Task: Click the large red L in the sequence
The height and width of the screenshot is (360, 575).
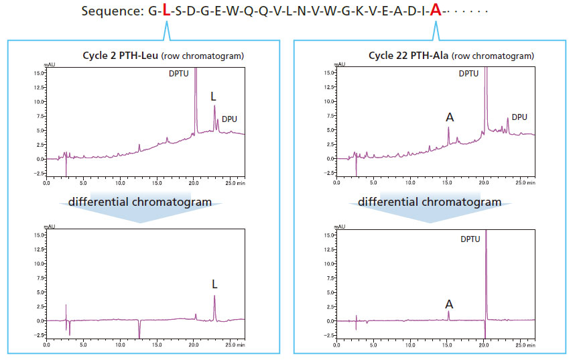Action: pos(166,11)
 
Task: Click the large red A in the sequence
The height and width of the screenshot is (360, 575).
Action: pos(436,11)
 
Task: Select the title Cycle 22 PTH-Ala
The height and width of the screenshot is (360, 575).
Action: pos(409,56)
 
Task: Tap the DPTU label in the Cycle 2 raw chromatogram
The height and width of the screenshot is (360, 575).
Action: pos(180,73)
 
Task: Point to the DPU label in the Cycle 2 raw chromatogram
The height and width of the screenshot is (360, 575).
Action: pos(229,119)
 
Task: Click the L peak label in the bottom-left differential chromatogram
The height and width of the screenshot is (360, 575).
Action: pos(214,284)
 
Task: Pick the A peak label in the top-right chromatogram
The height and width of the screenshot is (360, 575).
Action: pos(450,117)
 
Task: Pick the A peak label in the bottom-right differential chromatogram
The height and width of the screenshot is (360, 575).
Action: pos(450,304)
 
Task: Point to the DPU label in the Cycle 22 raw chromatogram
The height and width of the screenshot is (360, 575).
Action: pos(519,117)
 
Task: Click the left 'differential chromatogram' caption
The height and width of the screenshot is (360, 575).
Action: pos(139,202)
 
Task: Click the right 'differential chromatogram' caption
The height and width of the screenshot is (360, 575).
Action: pos(430,202)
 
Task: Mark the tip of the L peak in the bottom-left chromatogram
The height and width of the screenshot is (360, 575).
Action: pos(214,296)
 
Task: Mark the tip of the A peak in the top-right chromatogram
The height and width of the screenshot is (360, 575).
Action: pos(449,127)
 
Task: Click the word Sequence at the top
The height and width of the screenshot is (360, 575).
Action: pos(111,11)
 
